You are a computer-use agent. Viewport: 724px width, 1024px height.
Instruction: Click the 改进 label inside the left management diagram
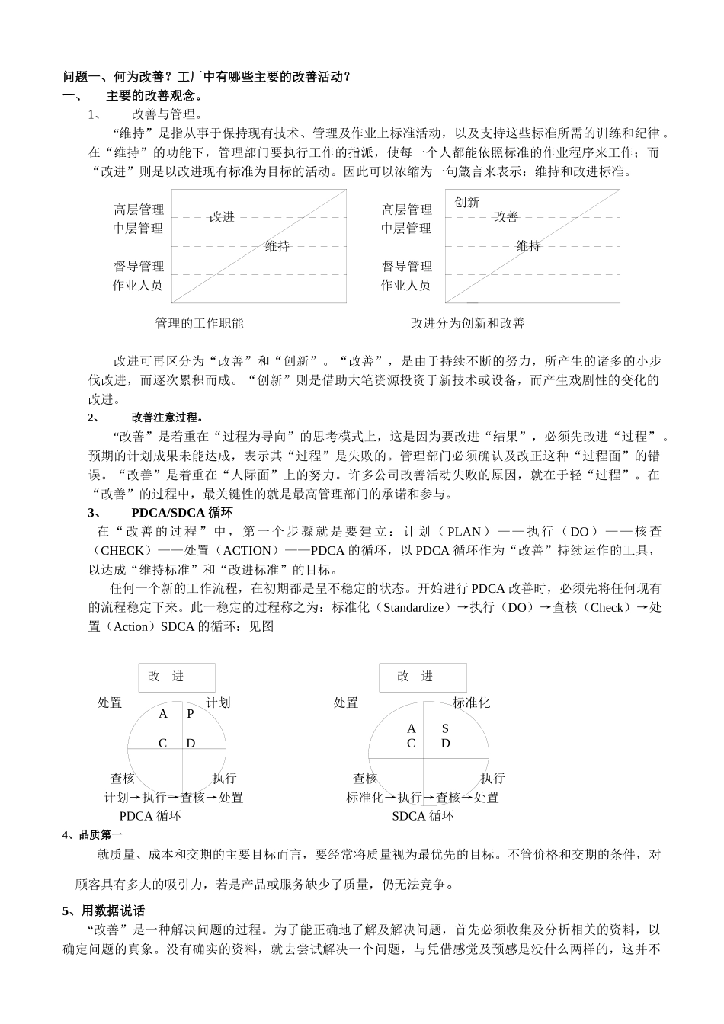pos(222,217)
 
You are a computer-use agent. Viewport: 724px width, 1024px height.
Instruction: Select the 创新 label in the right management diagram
pos(466,202)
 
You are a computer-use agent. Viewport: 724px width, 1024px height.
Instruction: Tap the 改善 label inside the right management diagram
pos(505,217)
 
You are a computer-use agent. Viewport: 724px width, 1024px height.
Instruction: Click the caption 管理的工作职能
pos(199,323)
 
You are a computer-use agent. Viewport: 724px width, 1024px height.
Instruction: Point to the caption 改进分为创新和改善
pos(467,323)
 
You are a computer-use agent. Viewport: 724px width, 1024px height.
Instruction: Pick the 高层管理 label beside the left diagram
pos(139,210)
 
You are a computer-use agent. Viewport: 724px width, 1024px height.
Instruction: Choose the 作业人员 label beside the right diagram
pos(406,285)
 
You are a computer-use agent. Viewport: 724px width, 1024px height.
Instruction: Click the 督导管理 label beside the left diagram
pos(139,266)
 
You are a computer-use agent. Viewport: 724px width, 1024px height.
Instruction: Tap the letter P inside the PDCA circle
pos(191,714)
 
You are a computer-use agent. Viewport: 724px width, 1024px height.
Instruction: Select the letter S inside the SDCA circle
pos(446,728)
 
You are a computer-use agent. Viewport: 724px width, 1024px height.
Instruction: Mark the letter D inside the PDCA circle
pos(191,743)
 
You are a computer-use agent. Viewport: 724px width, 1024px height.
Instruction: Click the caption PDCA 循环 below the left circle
pos(150,816)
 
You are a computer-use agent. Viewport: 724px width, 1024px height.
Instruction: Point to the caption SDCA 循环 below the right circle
pos(423,816)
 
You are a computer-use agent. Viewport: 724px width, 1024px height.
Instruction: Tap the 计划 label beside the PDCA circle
pos(218,702)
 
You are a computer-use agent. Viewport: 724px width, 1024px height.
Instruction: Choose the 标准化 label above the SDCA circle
pos(471,702)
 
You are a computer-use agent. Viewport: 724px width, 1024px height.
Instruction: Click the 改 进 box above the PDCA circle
pos(177,677)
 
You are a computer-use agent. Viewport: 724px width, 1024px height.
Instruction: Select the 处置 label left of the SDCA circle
pos(346,702)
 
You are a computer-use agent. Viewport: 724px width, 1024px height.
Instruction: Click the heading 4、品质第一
pos(92,834)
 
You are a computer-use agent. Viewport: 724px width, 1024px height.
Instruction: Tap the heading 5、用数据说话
pos(104,910)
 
